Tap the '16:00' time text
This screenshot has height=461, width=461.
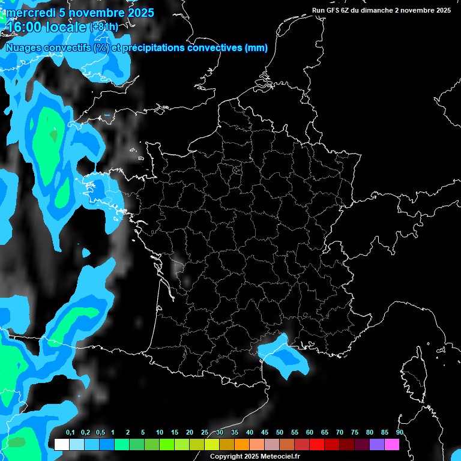tap(24, 26)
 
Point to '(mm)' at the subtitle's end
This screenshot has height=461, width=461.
tap(256, 48)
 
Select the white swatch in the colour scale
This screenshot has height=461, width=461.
tap(61, 445)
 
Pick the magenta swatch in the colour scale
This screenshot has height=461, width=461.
tap(392, 445)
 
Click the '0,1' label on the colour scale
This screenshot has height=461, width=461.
tap(70, 433)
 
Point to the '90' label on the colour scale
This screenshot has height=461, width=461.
tap(400, 433)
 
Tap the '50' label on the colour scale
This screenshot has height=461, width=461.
tap(280, 433)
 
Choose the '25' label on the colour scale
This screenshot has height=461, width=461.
tap(205, 433)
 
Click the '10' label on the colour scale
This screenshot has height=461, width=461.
tap(160, 433)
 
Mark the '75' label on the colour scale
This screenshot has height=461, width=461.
tap(355, 433)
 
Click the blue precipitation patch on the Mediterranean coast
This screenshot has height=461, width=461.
tap(282, 355)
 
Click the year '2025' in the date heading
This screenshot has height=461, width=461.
tap(136, 13)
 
